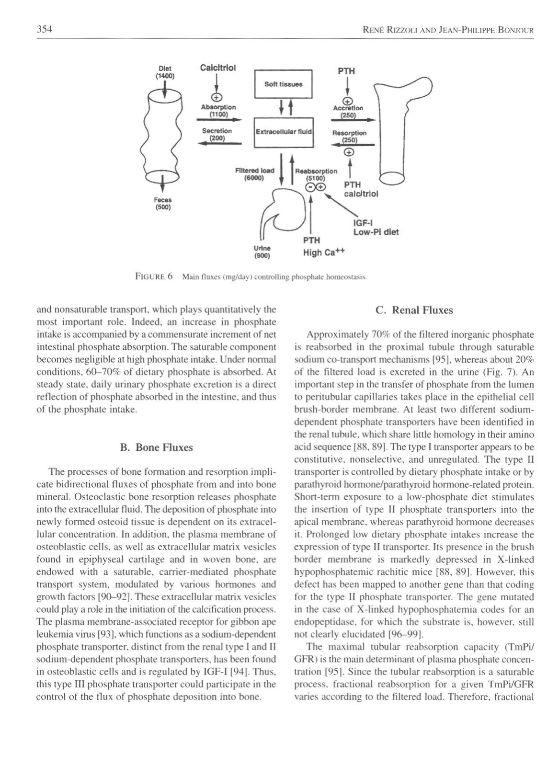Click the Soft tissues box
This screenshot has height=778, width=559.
[283, 84]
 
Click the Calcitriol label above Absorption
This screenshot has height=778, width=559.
[217, 68]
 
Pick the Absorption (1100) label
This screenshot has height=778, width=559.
[218, 111]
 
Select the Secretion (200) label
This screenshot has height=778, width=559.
[217, 134]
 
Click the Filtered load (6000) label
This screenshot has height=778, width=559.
[254, 174]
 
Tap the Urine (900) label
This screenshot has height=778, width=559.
[262, 252]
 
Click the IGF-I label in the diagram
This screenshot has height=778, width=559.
[360, 223]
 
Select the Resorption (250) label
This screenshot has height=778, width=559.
[349, 136]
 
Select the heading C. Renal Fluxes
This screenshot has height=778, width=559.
[414, 310]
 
